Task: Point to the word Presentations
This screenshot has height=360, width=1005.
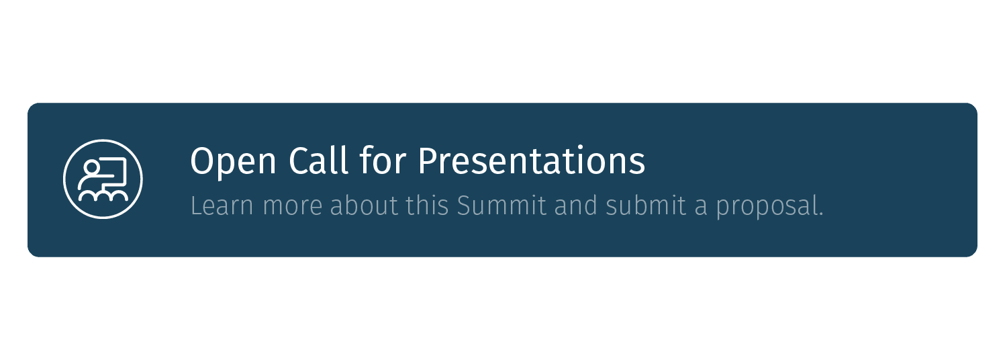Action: (531, 161)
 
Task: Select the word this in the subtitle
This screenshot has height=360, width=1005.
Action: (428, 206)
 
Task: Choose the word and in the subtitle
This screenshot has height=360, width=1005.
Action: (576, 206)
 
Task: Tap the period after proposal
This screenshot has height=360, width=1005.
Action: (820, 214)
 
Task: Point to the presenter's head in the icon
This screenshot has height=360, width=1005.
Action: (92, 167)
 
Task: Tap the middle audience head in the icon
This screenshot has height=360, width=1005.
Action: (103, 195)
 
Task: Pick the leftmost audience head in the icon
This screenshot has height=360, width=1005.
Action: (87, 195)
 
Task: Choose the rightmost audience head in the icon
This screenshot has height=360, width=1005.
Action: (119, 195)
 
